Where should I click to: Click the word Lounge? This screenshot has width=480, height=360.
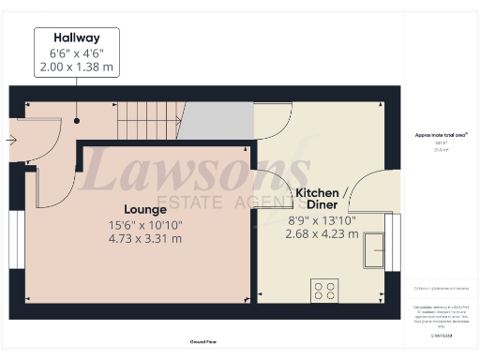click(x=145, y=208)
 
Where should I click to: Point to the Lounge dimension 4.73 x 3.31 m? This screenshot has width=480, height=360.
click(x=145, y=239)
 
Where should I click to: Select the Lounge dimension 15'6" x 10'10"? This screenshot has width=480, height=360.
click(x=145, y=224)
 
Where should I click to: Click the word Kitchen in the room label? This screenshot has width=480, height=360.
click(x=317, y=193)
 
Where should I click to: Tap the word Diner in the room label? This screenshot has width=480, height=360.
click(x=319, y=207)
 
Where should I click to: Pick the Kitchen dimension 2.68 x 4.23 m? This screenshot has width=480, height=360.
click(x=321, y=235)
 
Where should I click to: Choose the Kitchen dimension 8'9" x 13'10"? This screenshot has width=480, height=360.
click(x=321, y=221)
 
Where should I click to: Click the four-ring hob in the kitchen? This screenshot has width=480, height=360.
click(x=324, y=292)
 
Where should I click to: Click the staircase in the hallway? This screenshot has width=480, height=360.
click(x=147, y=121)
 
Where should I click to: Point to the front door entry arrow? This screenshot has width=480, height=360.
click(x=10, y=142)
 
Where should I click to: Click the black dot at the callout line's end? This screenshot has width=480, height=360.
click(x=78, y=120)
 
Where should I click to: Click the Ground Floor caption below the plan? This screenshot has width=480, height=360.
click(x=205, y=342)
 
